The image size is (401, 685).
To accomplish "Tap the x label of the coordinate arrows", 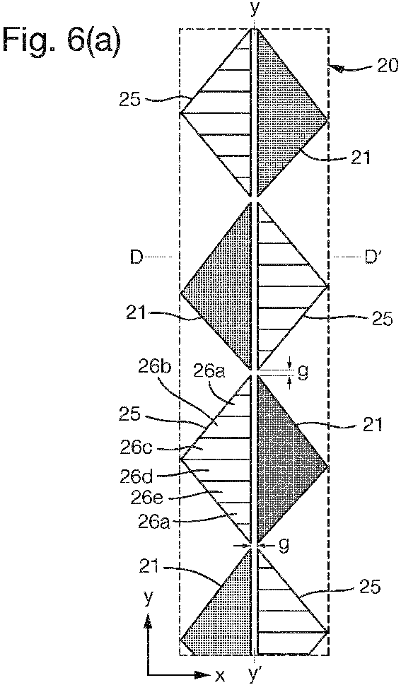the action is [221, 677].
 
